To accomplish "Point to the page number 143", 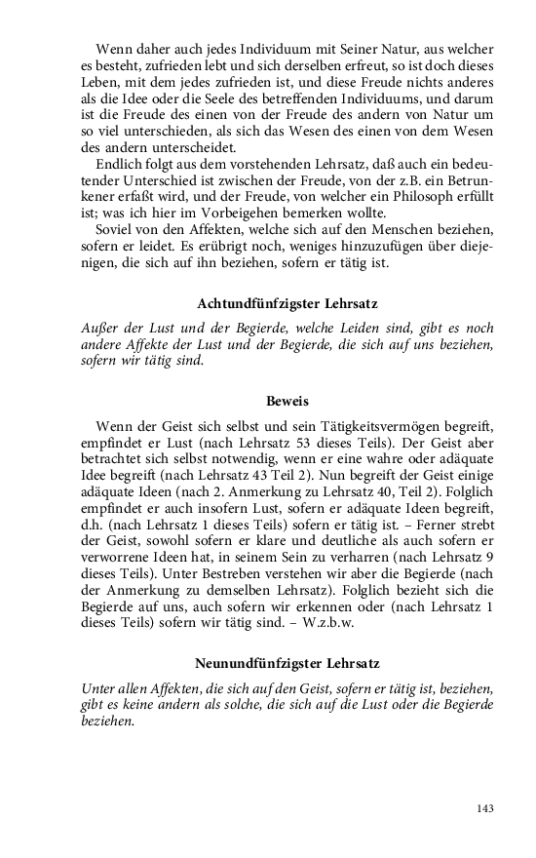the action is pos(486,808).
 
